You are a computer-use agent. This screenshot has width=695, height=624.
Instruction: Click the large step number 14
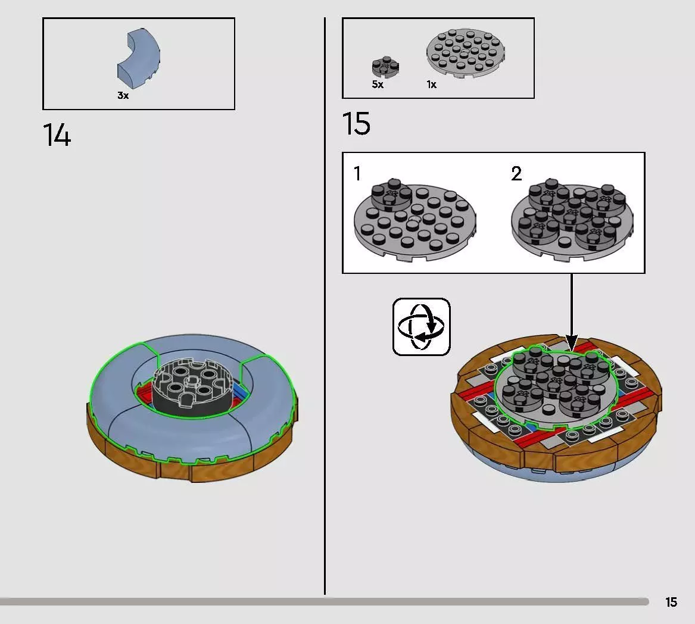(x=57, y=135)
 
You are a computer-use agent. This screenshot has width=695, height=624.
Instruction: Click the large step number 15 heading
(x=356, y=123)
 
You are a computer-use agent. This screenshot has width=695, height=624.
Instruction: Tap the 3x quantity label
(x=123, y=95)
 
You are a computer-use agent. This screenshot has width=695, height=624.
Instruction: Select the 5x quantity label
(x=378, y=84)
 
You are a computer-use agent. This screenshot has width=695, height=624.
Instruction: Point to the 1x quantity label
(x=432, y=84)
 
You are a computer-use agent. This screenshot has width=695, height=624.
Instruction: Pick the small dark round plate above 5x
(x=386, y=67)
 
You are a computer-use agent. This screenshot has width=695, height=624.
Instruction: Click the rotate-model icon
(x=422, y=327)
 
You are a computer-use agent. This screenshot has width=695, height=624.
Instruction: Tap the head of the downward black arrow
(x=572, y=344)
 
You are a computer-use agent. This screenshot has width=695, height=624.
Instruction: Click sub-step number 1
(x=357, y=173)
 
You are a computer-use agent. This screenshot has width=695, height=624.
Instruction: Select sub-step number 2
(x=516, y=173)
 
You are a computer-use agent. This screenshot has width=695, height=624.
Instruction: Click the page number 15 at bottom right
(x=671, y=602)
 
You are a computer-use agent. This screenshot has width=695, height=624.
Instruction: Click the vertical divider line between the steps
(x=325, y=306)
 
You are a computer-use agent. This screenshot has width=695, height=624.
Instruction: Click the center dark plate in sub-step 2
(x=572, y=208)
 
